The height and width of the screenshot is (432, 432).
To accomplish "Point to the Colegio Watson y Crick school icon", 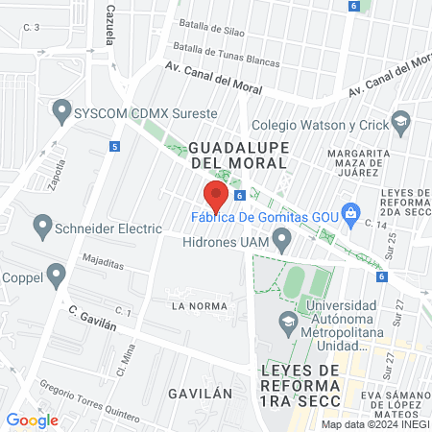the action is pyautogui.click(x=400, y=123).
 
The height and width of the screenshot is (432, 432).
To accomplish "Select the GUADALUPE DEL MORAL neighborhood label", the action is pyautogui.click(x=238, y=156).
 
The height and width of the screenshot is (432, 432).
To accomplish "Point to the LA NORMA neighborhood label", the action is pyautogui.click(x=198, y=306).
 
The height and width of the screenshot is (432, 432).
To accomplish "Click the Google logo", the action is pyautogui.click(x=32, y=420).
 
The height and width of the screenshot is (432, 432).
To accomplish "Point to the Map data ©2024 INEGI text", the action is pyautogui.click(x=374, y=424).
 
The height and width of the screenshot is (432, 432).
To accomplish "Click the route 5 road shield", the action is pyautogui.click(x=115, y=147).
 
